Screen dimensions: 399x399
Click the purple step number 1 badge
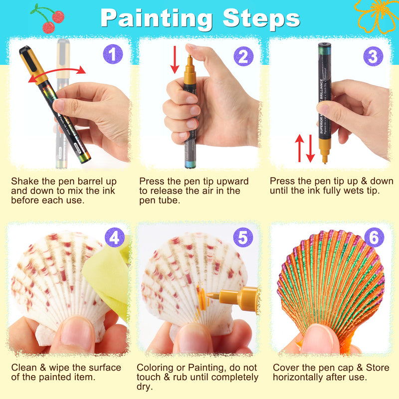point(112,54)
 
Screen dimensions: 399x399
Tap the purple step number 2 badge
point(242,56)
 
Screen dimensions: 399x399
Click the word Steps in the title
point(261,18)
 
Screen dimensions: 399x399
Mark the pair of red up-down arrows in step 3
point(305,148)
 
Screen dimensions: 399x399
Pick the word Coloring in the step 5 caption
point(156,368)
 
